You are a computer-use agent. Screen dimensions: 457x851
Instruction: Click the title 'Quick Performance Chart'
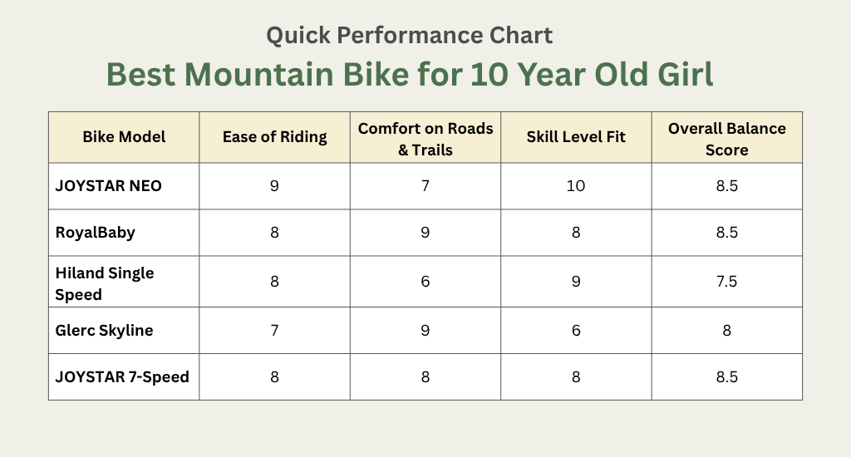pyautogui.click(x=409, y=36)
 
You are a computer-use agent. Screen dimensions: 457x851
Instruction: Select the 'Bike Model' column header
pyautogui.click(x=124, y=137)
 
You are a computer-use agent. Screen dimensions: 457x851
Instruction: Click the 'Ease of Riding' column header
pyautogui.click(x=274, y=137)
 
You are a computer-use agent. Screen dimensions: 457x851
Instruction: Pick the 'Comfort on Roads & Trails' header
pyautogui.click(x=425, y=138)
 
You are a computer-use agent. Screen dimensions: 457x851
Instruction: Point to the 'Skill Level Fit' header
pyautogui.click(x=576, y=137)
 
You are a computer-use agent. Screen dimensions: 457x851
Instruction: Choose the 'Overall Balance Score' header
pyautogui.click(x=727, y=139)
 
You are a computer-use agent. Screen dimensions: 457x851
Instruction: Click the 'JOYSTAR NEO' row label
pyautogui.click(x=108, y=185)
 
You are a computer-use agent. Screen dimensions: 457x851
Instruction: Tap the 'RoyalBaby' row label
pyautogui.click(x=96, y=232)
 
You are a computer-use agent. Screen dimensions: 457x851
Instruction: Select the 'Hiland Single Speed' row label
pyautogui.click(x=105, y=283)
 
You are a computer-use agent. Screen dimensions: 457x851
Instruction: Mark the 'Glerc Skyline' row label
pyautogui.click(x=105, y=330)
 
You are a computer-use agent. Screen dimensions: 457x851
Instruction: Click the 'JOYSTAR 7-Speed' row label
pyautogui.click(x=122, y=376)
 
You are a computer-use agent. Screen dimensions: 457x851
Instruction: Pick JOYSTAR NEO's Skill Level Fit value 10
pyautogui.click(x=576, y=185)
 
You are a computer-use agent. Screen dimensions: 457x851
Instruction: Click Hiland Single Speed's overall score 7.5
pyautogui.click(x=727, y=282)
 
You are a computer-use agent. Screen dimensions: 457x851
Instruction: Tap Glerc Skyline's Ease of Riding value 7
pyautogui.click(x=274, y=330)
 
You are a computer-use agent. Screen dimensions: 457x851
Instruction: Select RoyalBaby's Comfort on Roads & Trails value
pyautogui.click(x=425, y=232)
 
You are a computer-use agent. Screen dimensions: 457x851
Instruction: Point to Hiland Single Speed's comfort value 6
pyautogui.click(x=425, y=282)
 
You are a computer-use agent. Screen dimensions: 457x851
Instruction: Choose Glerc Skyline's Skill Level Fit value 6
pyautogui.click(x=576, y=330)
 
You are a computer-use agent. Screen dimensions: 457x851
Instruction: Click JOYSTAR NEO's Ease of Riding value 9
pyautogui.click(x=274, y=185)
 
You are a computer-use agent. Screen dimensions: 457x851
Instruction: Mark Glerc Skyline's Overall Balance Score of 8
pyautogui.click(x=727, y=330)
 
